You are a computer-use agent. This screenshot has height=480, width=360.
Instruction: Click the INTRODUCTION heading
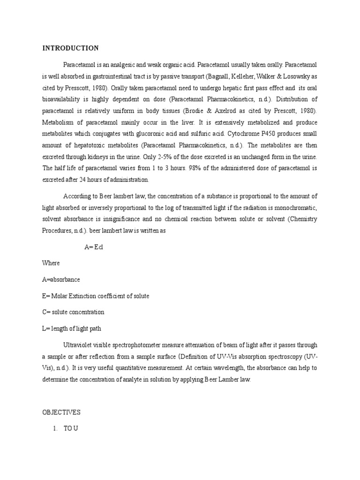(71, 48)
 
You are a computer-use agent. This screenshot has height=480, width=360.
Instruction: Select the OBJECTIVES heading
(61, 412)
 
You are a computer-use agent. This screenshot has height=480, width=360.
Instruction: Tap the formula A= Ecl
(93, 247)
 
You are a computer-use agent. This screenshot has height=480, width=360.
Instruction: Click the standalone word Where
(51, 263)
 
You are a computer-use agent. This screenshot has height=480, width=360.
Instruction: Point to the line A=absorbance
(61, 279)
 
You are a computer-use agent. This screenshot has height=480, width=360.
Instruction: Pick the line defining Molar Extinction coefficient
(96, 296)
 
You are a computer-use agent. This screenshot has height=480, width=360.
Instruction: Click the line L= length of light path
(71, 328)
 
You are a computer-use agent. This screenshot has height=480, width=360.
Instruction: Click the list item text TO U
(71, 428)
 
